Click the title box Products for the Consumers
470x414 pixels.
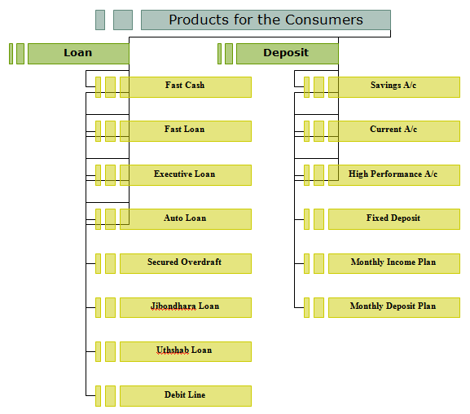click(x=266, y=20)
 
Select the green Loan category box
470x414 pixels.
click(x=78, y=54)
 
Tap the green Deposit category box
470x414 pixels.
click(x=288, y=54)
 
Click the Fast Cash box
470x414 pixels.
click(x=186, y=87)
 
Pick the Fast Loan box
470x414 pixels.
click(x=186, y=131)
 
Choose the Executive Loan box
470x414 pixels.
click(x=186, y=175)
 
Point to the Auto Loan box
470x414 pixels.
click(x=186, y=219)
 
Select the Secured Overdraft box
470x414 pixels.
click(x=186, y=263)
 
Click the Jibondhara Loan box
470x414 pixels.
click(x=186, y=307)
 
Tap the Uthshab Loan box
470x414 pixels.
click(x=186, y=351)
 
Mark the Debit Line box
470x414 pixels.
click(x=186, y=396)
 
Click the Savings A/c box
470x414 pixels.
click(x=394, y=87)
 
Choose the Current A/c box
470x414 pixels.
click(x=394, y=131)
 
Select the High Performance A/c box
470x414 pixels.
click(x=394, y=175)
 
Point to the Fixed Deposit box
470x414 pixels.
click(x=394, y=219)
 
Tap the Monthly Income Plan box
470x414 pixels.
click(x=394, y=263)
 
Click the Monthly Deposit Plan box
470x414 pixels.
click(x=394, y=307)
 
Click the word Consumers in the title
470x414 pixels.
click(x=324, y=20)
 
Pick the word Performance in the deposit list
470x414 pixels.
click(x=396, y=174)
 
